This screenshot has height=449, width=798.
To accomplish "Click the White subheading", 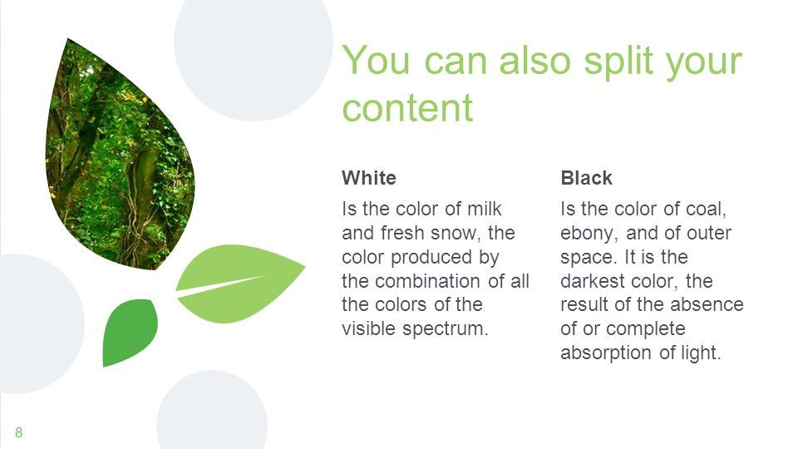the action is pyautogui.click(x=369, y=178).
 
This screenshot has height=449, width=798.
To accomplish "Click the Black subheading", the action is pyautogui.click(x=586, y=178).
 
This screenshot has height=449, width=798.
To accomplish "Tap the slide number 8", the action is pyautogui.click(x=19, y=432).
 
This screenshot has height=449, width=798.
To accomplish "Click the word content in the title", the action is pyautogui.click(x=407, y=108).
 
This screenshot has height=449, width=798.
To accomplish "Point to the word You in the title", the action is pyautogui.click(x=376, y=60).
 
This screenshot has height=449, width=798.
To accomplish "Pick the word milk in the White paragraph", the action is pyautogui.click(x=484, y=209).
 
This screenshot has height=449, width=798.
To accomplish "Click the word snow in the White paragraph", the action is pyautogui.click(x=454, y=233).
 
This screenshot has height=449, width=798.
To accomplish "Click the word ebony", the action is pyautogui.click(x=589, y=234).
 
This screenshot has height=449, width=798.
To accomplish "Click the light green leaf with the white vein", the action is pyautogui.click(x=239, y=283).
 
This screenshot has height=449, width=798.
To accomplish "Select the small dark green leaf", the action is pyautogui.click(x=130, y=332).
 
